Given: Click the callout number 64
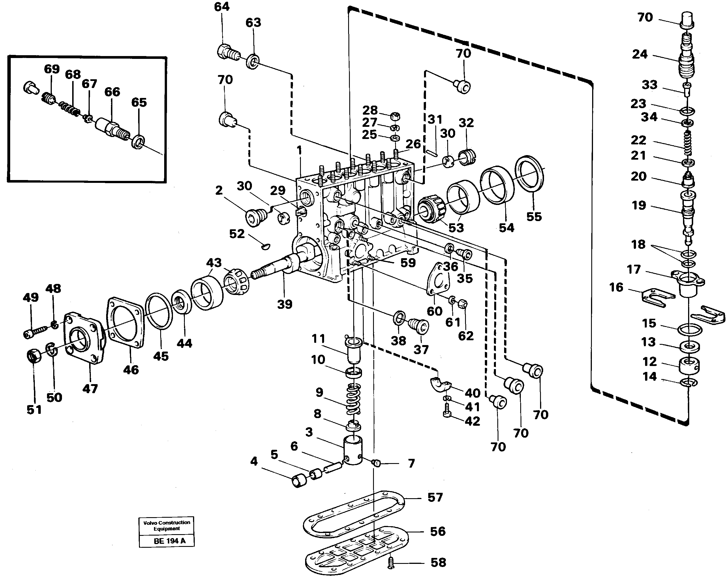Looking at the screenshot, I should (x=222, y=7).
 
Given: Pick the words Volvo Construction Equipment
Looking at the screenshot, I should (x=166, y=526).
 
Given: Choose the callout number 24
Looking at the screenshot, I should (x=639, y=54).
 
